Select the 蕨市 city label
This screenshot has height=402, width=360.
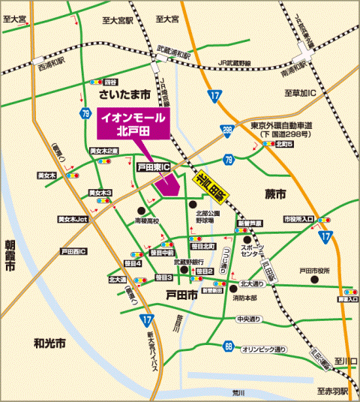[x=275, y=193]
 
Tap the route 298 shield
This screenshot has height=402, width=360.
[x=226, y=130]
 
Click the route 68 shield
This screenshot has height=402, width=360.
[x=228, y=346]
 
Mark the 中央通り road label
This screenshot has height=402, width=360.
[x=247, y=319]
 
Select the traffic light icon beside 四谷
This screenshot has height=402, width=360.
[x=96, y=81]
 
